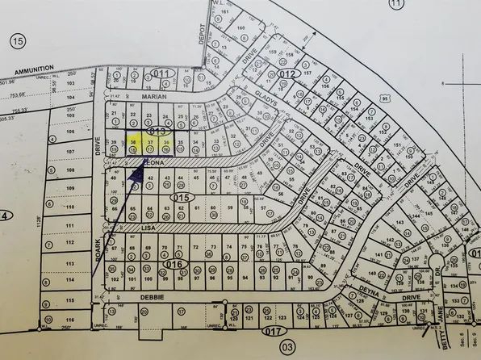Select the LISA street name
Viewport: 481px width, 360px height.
tap(148, 228)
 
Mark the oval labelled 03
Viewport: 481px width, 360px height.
tap(288, 347)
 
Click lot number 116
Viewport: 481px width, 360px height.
tap(70, 320)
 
